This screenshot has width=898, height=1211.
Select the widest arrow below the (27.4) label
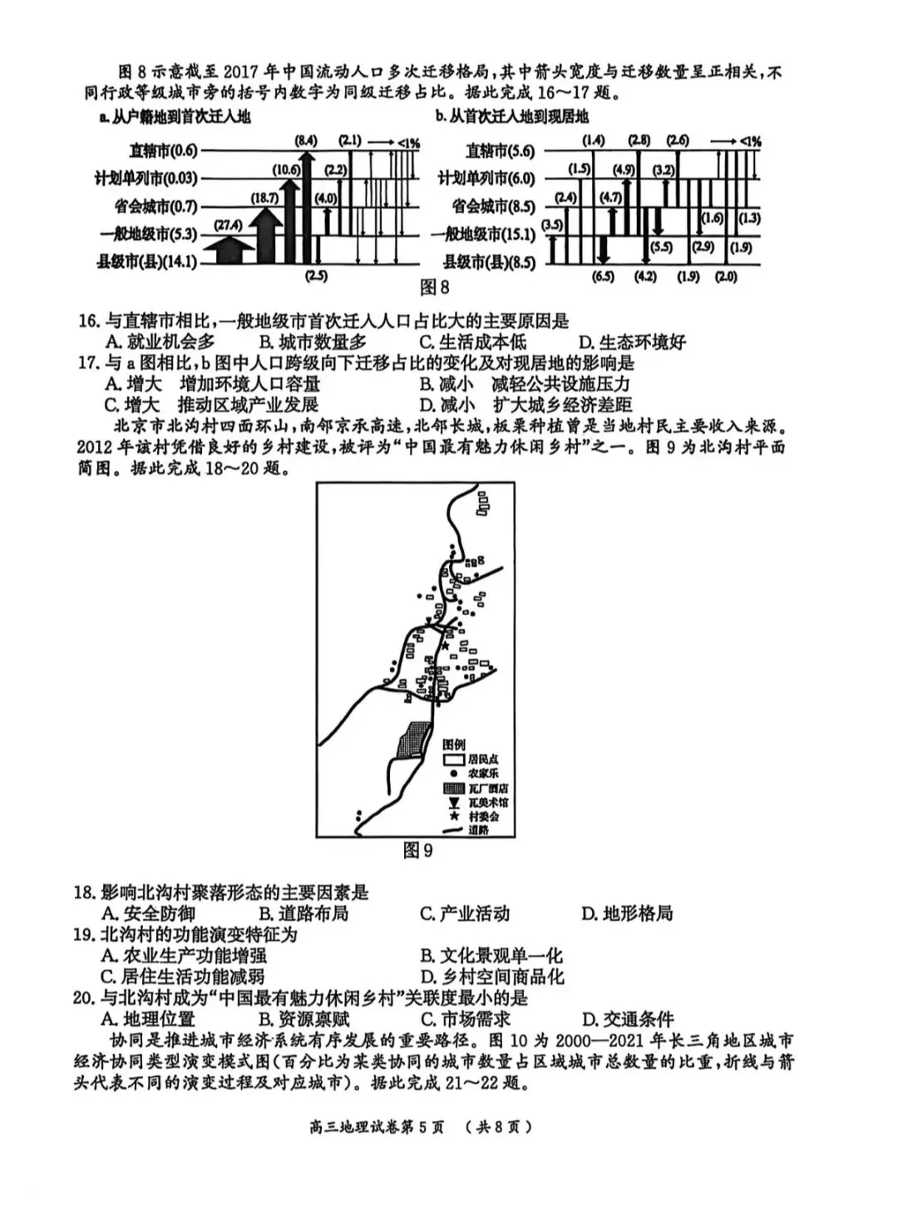[228, 249]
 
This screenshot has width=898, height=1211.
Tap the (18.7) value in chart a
[264, 198]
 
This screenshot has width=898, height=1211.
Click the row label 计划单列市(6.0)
[486, 178]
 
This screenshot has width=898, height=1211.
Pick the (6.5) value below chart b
[603, 277]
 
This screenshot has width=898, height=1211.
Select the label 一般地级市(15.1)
[483, 234]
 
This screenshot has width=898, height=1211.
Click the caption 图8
[434, 288]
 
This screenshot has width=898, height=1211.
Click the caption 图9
[417, 850]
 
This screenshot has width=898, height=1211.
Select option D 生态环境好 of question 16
[632, 342]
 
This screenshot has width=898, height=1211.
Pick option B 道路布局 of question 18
[303, 913]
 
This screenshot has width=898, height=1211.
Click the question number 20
[85, 998]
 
